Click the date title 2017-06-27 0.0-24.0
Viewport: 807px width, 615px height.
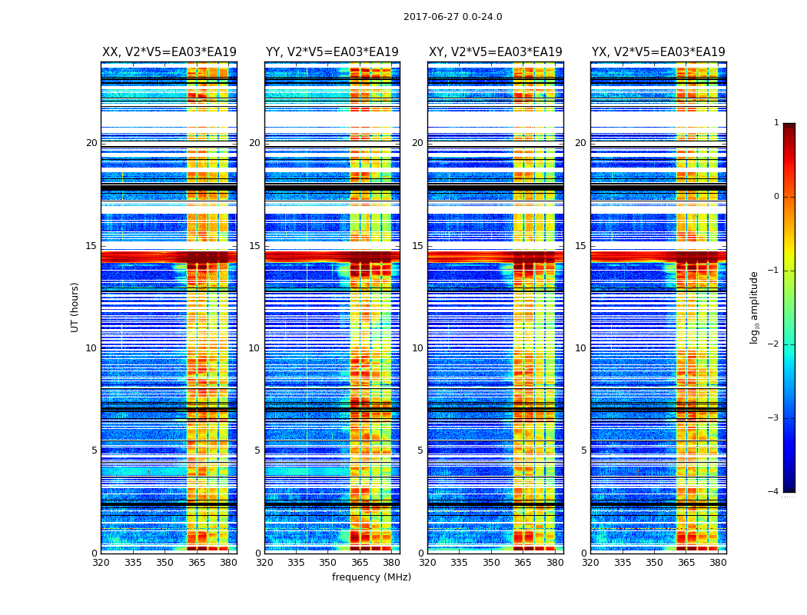[x=453, y=17]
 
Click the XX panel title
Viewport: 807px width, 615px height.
[x=169, y=52]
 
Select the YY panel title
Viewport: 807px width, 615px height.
[x=332, y=52]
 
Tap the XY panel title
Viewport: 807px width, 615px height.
[x=496, y=52]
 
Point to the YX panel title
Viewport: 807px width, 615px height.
[x=659, y=52]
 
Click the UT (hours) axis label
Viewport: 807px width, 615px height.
[x=75, y=307]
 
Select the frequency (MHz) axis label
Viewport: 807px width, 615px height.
[x=371, y=577]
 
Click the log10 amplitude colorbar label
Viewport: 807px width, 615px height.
[x=755, y=307]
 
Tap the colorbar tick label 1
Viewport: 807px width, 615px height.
[x=776, y=123]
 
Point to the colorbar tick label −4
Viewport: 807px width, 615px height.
[x=774, y=492]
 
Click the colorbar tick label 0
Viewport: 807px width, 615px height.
[x=776, y=197]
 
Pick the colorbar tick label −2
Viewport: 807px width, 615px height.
[x=774, y=344]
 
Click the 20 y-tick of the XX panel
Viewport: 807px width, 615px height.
[x=91, y=143]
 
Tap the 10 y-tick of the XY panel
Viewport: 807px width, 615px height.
[x=417, y=348]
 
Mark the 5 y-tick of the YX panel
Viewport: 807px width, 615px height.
[x=583, y=450]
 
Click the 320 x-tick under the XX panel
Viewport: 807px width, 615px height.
[x=101, y=563]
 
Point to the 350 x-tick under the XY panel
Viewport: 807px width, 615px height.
[x=491, y=563]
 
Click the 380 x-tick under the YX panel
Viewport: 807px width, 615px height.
[x=718, y=563]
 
